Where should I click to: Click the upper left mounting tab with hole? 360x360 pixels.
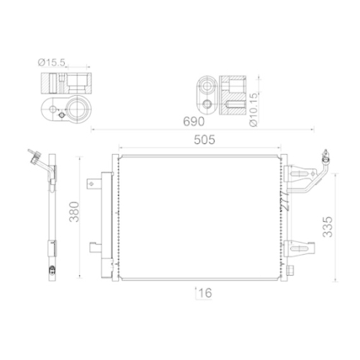click(93, 184)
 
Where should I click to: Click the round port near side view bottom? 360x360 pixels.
click(51, 270)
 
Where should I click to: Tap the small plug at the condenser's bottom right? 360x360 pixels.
click(293, 270)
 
